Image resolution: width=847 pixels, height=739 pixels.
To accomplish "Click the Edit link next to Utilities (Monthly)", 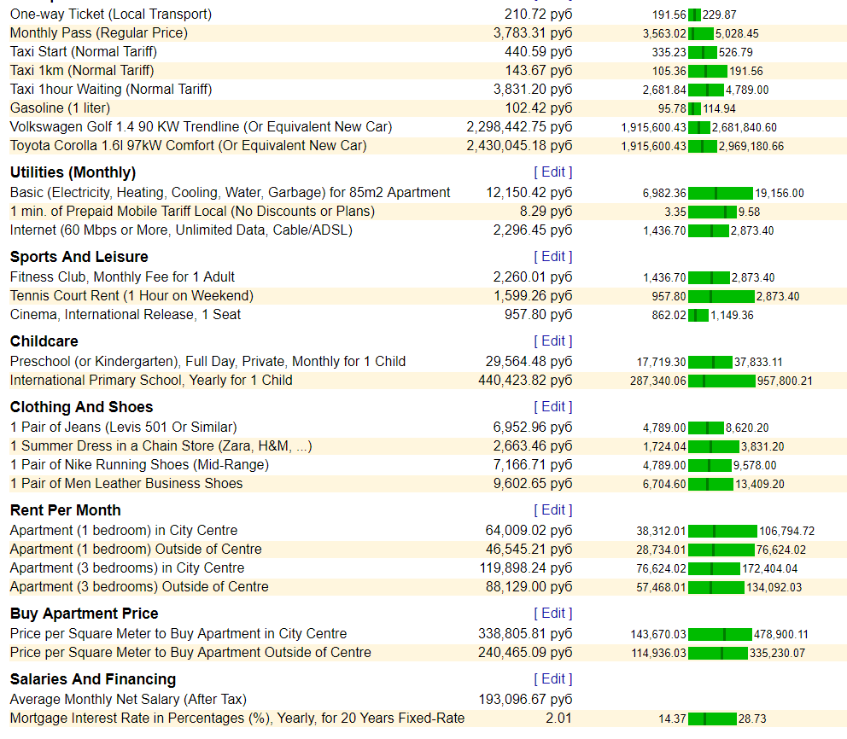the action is pos(553,172).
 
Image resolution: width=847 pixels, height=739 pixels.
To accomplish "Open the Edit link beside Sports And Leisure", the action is pos(553,256).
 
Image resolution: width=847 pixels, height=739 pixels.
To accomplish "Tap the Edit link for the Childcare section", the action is pos(553,341).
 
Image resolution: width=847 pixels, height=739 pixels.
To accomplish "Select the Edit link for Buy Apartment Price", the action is pos(553,614).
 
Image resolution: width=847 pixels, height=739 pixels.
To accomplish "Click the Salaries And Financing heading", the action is pos(93,679).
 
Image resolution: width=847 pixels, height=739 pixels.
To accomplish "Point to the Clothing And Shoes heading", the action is pos(82,407).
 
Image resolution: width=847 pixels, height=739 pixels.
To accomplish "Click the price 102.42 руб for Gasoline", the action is pos(539,108).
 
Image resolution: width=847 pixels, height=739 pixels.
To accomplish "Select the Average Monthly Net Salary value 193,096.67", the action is pos(525,700).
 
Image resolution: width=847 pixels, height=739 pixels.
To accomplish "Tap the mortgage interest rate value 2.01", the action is pos(558,719).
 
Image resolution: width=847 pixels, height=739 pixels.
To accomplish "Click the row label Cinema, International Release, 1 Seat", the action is pos(126,315).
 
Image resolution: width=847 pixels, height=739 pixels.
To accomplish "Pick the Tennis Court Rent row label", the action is pos(131,296).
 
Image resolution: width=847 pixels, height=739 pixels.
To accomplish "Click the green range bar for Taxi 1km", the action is pos(708,72).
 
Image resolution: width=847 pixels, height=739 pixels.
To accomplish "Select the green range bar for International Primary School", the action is pos(721,381).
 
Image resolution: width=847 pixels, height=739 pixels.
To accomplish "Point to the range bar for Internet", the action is pos(708,231).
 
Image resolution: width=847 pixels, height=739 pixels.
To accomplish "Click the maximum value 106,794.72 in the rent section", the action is pos(787,531).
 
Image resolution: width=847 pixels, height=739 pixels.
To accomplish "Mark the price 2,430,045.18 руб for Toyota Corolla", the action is pos(520,146).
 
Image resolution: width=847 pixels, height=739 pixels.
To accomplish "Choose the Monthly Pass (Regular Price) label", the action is pos(99,33).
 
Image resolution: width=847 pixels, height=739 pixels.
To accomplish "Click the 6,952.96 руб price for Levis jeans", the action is pos(533,428).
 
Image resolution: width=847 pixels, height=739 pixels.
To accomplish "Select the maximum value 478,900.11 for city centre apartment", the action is pos(781,634).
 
